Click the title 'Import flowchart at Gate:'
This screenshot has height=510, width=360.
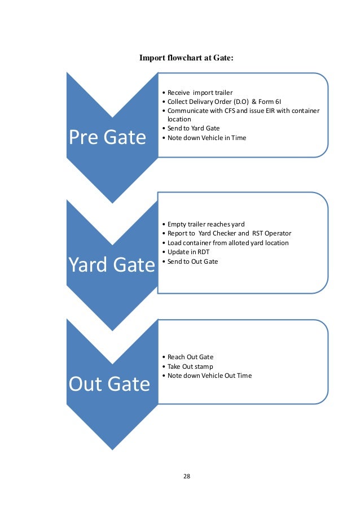click(x=186, y=58)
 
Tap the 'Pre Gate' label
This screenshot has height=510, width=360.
click(x=107, y=137)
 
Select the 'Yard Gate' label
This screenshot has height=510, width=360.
click(x=112, y=264)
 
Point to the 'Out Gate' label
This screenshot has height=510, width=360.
click(x=109, y=384)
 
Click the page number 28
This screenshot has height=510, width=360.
click(x=187, y=476)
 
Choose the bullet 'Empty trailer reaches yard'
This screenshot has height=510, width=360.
click(x=206, y=224)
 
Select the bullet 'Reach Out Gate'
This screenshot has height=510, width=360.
click(x=190, y=357)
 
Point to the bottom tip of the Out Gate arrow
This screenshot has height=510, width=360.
click(x=112, y=449)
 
